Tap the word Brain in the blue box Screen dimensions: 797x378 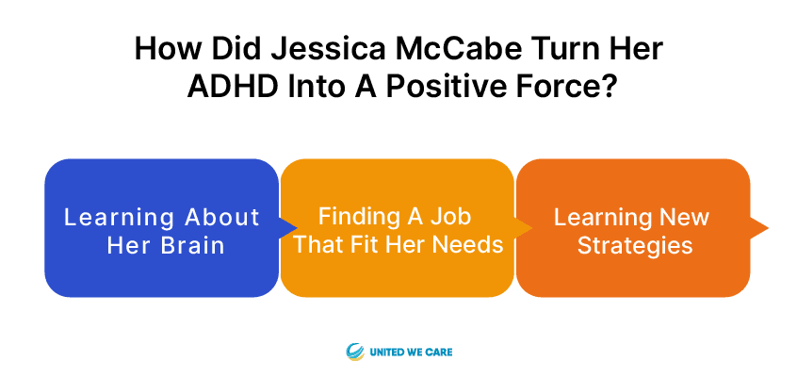[194, 246]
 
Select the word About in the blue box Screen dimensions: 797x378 [222, 217]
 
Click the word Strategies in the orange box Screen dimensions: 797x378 [635, 247]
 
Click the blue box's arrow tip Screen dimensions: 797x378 [297, 228]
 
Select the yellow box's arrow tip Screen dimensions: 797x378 [531, 228]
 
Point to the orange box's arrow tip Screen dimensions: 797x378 [768, 228]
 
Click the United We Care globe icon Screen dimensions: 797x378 [355, 352]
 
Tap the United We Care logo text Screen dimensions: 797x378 [411, 352]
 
